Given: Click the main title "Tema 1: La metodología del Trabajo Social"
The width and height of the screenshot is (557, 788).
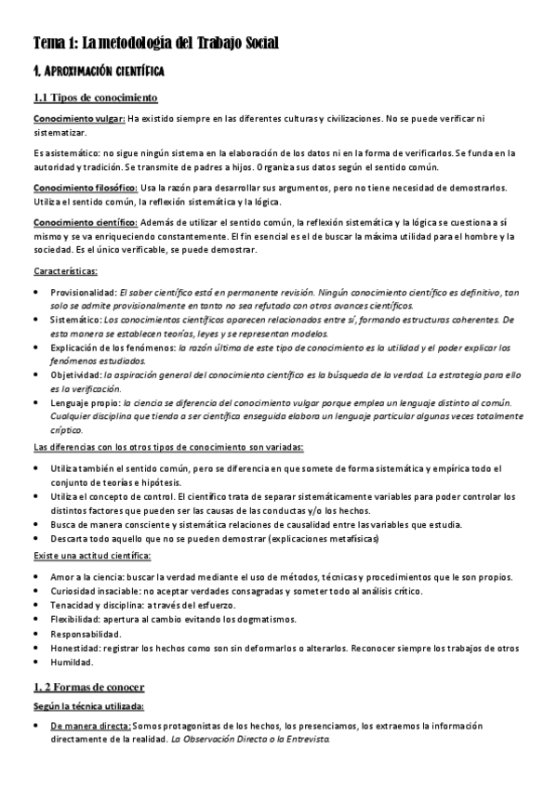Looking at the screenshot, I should coord(156,43).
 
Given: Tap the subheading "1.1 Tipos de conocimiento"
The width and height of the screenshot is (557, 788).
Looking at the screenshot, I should coord(95,98).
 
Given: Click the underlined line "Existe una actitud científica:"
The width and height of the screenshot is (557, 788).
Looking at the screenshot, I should coord(92,556).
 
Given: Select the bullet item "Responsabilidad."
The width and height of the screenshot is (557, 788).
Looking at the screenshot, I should coord(86,633).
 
